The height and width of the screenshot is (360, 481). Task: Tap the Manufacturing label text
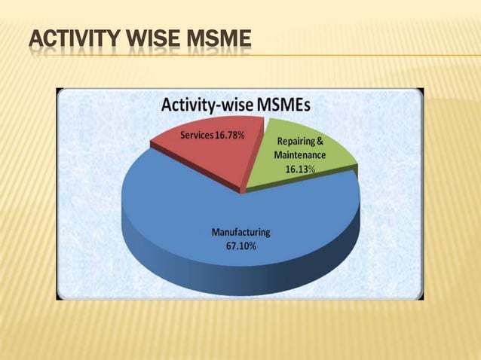coord(240,232)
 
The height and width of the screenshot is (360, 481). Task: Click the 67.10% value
coord(240,246)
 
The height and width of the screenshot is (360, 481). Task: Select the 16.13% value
coord(300,169)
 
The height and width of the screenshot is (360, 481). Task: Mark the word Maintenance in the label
coord(300,155)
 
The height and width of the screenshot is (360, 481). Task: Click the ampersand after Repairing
coord(320,141)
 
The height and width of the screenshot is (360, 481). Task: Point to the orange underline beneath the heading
coord(362,55)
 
